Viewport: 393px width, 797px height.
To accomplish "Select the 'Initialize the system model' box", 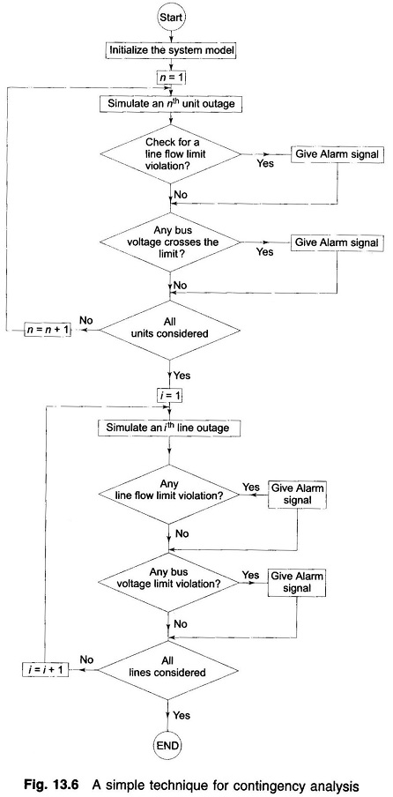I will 167,50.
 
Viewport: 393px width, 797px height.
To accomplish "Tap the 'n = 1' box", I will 167,78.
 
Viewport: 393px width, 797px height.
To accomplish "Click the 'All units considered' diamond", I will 167,329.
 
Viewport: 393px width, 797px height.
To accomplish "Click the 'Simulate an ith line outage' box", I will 167,428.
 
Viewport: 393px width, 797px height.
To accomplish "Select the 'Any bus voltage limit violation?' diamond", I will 167,582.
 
